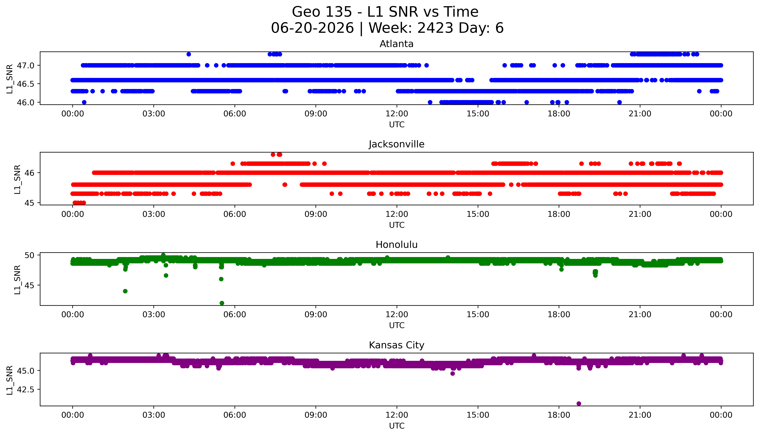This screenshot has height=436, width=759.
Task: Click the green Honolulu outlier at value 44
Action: tap(125, 291)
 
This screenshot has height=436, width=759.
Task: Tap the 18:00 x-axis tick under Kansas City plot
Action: tap(559, 415)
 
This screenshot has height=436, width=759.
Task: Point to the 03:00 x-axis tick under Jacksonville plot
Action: tap(154, 214)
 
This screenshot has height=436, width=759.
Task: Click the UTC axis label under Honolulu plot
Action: tap(397, 325)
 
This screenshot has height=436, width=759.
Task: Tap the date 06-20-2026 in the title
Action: tap(312, 28)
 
